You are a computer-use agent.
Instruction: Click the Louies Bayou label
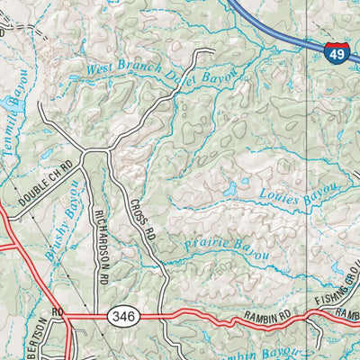click(x=297, y=199)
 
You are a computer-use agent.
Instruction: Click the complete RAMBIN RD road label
click(x=269, y=316)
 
